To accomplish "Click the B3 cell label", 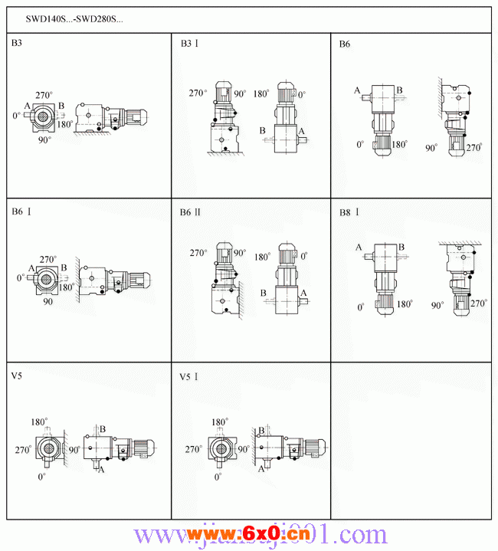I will [x=16, y=44].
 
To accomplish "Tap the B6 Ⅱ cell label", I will [x=190, y=212].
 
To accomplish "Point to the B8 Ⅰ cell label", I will [x=349, y=212].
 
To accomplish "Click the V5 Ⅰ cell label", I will [x=189, y=377].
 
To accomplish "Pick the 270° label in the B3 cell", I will [x=44, y=93].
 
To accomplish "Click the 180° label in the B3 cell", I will [x=65, y=124].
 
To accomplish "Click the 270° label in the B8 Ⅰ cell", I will [x=479, y=303].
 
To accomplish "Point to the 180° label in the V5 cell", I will [x=40, y=422].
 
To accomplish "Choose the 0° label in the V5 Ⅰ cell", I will [x=218, y=477].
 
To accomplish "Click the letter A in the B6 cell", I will [x=357, y=90].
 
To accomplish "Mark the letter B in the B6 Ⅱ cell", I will [x=263, y=294].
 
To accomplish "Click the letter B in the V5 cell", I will [x=103, y=428].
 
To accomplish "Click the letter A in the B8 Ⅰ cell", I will [x=359, y=247].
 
